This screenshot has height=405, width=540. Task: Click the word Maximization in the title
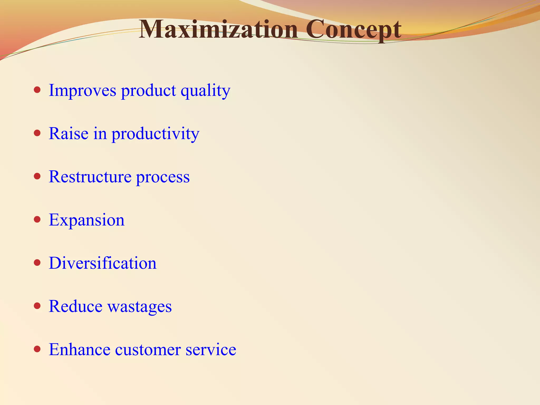218,30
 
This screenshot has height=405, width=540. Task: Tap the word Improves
82,91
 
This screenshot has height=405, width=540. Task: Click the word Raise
69,133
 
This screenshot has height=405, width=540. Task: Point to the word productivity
155,134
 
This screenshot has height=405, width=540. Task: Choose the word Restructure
90,177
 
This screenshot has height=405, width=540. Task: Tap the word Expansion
86,220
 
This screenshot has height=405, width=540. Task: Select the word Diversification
103,263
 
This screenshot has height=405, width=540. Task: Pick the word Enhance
79,350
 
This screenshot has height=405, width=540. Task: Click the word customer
148,350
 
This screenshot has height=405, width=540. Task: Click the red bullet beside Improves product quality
37,90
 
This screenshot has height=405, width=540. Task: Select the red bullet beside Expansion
37,219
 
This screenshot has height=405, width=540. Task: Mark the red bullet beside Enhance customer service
37,349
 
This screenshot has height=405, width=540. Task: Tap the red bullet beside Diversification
37,263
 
